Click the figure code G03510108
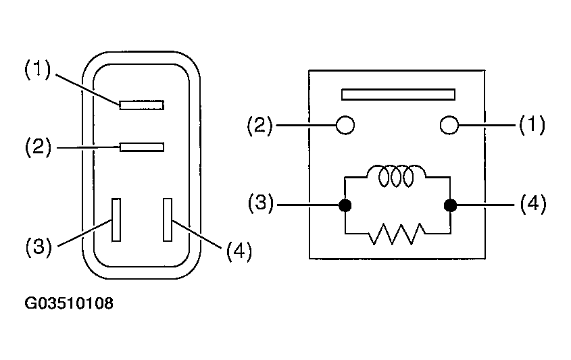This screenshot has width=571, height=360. pos(69,303)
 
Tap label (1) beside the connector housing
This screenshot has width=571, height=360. pos(38,70)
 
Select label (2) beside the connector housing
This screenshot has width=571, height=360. pos(38,147)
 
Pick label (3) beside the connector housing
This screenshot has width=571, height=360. pos(39,247)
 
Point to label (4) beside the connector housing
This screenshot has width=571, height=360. pos(239,251)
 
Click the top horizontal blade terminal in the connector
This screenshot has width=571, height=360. pos(142,105)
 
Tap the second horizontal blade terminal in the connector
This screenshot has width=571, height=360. pos(142,147)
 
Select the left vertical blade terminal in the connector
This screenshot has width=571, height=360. pos(116,220)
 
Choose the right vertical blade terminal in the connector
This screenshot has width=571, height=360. pos(168,220)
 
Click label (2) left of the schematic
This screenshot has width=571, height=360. pos(259,126)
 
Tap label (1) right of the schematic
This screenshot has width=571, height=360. pos(532,124)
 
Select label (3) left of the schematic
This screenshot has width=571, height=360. pos(260,203)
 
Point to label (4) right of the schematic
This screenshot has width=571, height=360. pos(533,203)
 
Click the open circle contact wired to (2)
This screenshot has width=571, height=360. pos(345,125)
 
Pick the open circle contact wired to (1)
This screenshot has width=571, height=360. pos(449,125)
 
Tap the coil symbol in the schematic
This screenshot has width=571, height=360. pos(396,176)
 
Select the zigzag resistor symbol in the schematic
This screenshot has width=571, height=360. pos(397,234)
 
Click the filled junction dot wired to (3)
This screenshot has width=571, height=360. pos(345,205)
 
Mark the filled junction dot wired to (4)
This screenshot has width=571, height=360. pos(451,205)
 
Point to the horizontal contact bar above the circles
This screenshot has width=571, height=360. pos(399,95)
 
